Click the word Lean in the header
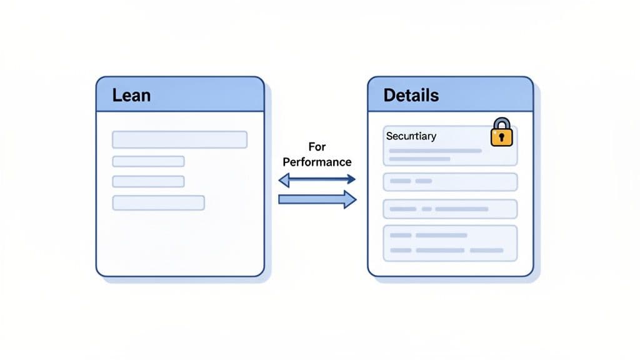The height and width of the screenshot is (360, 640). (131, 96)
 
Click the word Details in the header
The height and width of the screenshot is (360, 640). (411, 96)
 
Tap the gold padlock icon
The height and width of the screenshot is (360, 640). (501, 132)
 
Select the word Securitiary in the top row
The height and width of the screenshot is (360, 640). (411, 136)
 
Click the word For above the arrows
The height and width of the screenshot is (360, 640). (317, 147)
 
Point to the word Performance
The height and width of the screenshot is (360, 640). (317, 162)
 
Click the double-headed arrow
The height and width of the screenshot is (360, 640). (317, 180)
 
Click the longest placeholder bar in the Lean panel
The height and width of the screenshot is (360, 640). (179, 139)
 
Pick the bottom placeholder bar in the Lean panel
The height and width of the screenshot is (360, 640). (158, 202)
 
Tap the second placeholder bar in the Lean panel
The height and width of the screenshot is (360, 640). (148, 161)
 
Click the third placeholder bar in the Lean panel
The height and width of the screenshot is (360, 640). (148, 181)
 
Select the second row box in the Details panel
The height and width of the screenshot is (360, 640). (450, 181)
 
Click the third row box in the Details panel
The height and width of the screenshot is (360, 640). (450, 208)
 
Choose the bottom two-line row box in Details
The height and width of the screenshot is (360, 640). (450, 243)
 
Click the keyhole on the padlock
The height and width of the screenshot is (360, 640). (501, 136)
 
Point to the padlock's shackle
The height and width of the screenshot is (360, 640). (501, 122)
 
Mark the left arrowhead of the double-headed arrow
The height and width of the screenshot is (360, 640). (283, 180)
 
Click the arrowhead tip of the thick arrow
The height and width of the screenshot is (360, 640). (354, 199)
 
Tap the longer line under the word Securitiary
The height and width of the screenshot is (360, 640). (435, 151)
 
